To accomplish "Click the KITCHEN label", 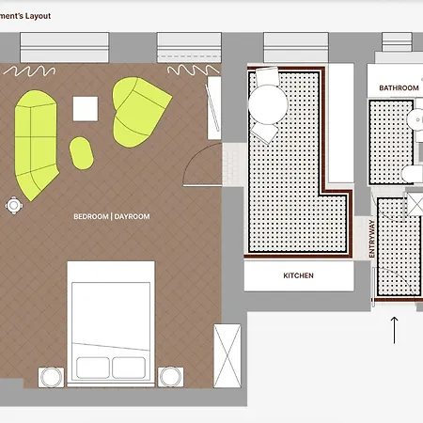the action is point(298,275).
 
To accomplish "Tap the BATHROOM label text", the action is point(399,88).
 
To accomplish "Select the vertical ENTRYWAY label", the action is point(372,239).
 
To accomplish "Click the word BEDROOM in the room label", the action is point(91,216).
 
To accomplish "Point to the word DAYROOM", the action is point(132,216).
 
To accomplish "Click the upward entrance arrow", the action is point(394,330).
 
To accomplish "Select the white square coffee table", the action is point(86,109).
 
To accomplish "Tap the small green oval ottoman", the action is point(82,153).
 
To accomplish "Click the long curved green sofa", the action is point(36,144).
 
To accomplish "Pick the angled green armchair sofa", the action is point(139,112).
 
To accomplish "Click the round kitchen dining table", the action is point(268,104).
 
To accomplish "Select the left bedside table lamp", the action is point(51,377).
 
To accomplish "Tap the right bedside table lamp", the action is point(170,377).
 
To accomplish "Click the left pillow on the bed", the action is point(93,368).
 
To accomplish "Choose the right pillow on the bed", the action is point(129,368).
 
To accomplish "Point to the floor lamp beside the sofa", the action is point(14,206).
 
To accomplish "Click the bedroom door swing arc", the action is point(196,157).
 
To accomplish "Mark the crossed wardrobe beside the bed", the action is point(227,356).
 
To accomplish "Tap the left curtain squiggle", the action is point(30,71).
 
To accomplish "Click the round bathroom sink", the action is point(415,119).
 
